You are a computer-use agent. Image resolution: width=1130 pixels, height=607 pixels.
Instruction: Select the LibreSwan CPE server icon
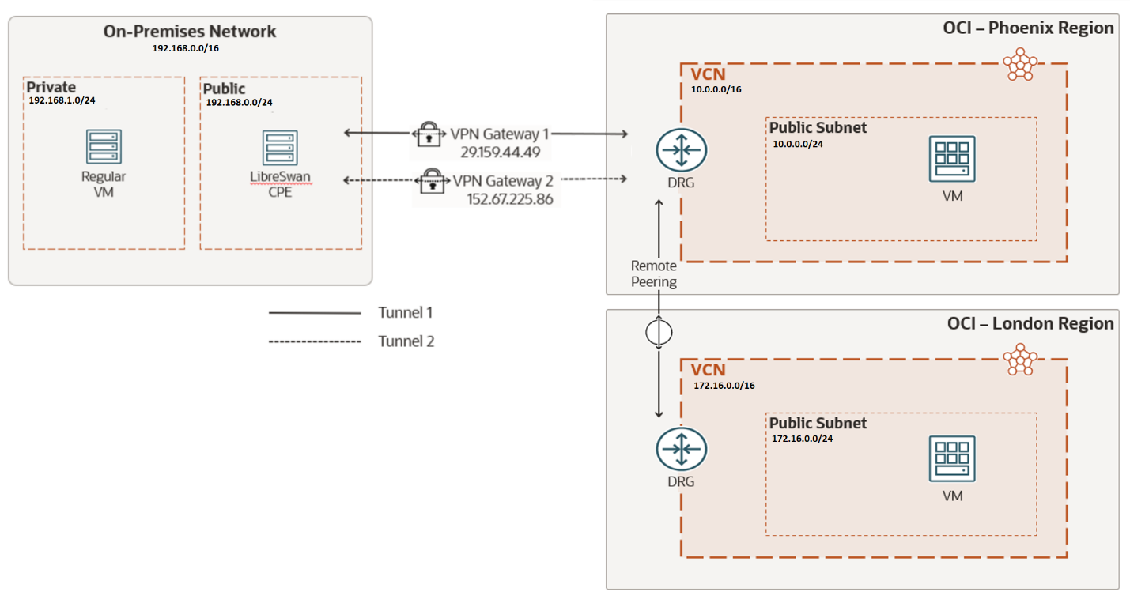point(280,148)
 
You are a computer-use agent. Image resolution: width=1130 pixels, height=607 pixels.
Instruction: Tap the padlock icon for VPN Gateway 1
point(428,134)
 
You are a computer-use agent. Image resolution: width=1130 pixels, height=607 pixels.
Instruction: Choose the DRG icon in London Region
point(681,449)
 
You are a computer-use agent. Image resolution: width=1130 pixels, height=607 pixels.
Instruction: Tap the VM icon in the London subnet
point(952,458)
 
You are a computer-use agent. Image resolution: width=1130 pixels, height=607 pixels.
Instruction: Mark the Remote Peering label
point(654,273)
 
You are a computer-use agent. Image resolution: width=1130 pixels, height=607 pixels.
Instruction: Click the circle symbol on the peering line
point(659,333)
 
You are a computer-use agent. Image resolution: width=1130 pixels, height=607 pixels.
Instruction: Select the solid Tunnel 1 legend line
point(315,313)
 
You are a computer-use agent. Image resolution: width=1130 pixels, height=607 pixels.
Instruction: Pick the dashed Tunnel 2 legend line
point(315,341)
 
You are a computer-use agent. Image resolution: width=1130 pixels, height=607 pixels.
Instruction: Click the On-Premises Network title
point(190,32)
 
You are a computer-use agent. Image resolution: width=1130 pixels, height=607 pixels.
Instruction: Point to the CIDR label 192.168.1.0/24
point(67,101)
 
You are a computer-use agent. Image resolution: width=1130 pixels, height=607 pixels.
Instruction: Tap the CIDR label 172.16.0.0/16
point(724,385)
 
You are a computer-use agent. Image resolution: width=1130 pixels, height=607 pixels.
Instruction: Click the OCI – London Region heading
point(1030,323)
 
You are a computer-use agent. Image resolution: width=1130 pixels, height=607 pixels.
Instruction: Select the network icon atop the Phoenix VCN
point(1019,64)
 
